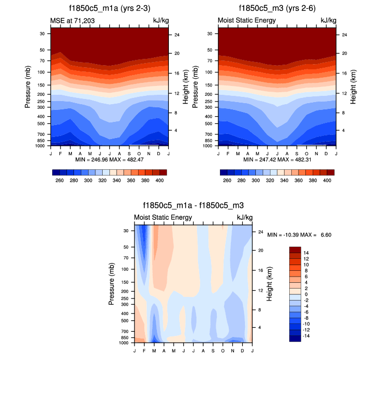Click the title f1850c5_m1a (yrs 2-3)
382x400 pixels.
pos(109,8)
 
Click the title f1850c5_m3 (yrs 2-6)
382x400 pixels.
pos(277,8)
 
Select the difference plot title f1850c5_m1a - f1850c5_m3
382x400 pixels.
pos(193,206)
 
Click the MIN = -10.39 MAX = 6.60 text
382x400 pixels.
pos(300,235)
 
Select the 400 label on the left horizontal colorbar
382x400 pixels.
pos(160,180)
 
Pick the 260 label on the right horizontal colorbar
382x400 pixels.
pos(227,180)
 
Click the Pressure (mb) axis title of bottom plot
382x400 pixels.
pos(112,284)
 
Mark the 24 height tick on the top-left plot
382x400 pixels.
pos(177,35)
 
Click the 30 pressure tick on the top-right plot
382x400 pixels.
pos(209,33)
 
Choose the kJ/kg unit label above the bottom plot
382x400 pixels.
pos(244,217)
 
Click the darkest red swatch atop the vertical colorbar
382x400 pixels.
pos(295,250)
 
